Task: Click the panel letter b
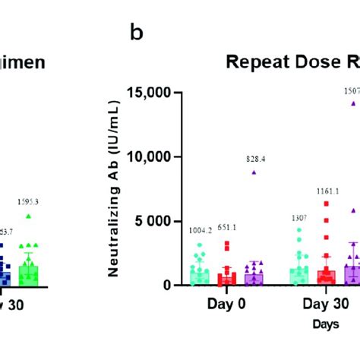[x=138, y=33]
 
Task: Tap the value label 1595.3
[x=28, y=202]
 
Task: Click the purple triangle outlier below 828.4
[x=254, y=172]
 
